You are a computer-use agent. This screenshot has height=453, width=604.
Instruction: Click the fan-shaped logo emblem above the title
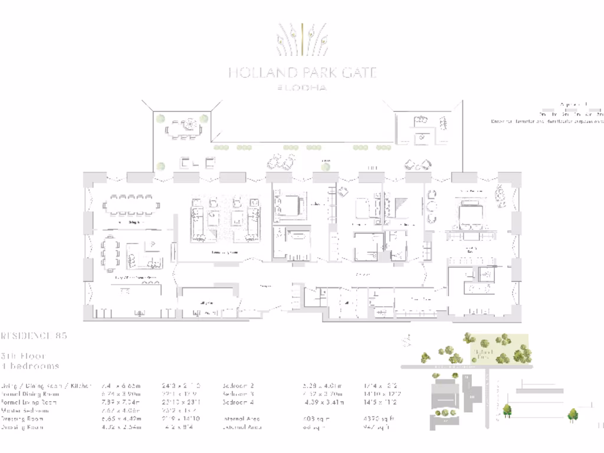tap(302, 40)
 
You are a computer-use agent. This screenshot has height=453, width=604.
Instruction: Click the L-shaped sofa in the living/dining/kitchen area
tap(145, 254)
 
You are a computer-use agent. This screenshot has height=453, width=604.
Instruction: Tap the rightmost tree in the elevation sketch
tap(572, 415)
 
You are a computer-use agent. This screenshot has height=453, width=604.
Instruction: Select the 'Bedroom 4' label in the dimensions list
tap(239, 402)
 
